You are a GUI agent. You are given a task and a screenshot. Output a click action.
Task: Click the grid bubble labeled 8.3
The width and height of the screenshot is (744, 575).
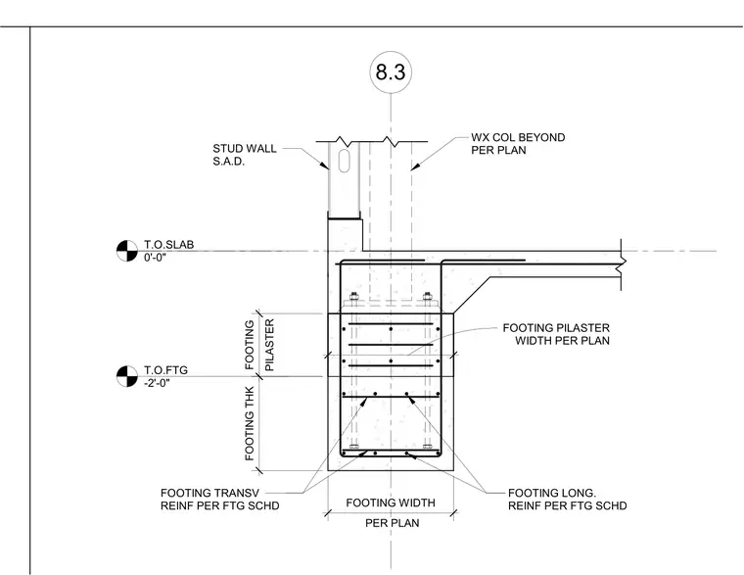click(x=391, y=72)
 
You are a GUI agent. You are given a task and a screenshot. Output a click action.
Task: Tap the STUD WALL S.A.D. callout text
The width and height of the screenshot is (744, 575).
click(x=245, y=155)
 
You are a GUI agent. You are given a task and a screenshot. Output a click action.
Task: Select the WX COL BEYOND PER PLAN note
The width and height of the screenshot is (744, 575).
click(x=518, y=144)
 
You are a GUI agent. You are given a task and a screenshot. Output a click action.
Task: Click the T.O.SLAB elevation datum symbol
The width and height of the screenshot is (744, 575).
click(x=127, y=251)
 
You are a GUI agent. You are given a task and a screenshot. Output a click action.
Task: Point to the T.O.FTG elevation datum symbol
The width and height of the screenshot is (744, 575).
click(x=127, y=376)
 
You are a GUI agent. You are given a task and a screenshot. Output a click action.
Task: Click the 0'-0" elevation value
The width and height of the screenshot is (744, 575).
click(x=155, y=258)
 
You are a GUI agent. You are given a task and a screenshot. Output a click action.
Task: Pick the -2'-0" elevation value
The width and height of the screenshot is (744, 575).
click(x=157, y=383)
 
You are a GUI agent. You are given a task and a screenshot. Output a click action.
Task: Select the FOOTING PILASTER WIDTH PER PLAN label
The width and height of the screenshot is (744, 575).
click(x=556, y=334)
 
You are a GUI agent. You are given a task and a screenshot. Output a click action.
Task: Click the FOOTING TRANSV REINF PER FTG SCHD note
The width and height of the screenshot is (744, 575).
click(x=219, y=500)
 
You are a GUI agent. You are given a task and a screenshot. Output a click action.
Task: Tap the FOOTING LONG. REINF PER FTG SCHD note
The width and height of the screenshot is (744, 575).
click(x=568, y=500)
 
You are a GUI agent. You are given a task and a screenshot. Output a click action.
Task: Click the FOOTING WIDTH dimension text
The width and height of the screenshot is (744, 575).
click(x=391, y=503)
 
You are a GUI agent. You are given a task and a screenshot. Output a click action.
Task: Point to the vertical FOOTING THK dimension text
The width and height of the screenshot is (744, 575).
click(x=250, y=423)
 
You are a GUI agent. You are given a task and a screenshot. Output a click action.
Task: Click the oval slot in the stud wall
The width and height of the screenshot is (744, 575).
click(x=344, y=161)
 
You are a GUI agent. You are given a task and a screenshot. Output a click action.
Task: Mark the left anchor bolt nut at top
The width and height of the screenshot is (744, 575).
click(x=353, y=297)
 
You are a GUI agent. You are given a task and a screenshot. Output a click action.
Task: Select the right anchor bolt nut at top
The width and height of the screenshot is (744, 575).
click(x=427, y=297)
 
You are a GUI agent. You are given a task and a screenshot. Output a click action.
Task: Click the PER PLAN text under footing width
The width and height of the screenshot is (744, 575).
click(x=393, y=523)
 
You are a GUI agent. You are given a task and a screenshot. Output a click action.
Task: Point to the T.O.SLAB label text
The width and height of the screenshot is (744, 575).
click(x=169, y=245)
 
